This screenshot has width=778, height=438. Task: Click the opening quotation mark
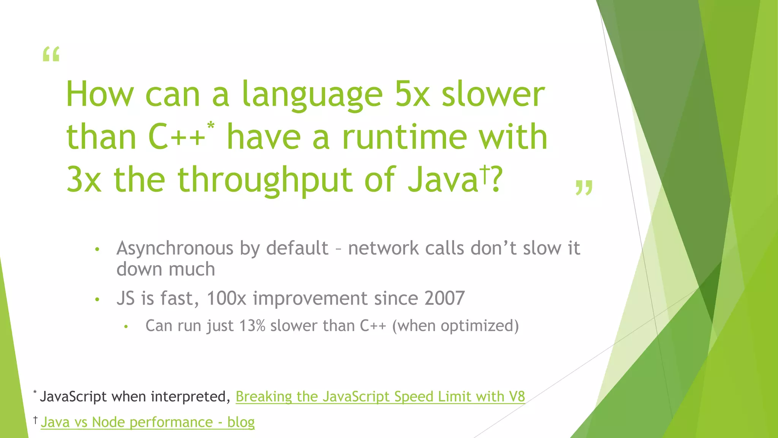pos(51,54)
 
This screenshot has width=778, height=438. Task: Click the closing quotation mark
pos(584,188)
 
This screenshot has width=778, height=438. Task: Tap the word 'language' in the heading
pos(312,95)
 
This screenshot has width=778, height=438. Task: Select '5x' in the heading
pos(412,95)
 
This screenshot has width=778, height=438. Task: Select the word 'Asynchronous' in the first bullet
pos(175,249)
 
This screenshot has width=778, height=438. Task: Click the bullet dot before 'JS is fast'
pos(97,300)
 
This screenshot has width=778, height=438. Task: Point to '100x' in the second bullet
pos(226,298)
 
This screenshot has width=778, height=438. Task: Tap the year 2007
pos(444,298)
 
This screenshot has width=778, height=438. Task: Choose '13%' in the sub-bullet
pos(252,326)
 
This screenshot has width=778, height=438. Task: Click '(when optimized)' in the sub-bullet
pos(455,326)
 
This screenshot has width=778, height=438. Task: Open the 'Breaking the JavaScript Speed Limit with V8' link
pos(380,397)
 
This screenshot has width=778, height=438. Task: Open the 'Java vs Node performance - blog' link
pos(147,422)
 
